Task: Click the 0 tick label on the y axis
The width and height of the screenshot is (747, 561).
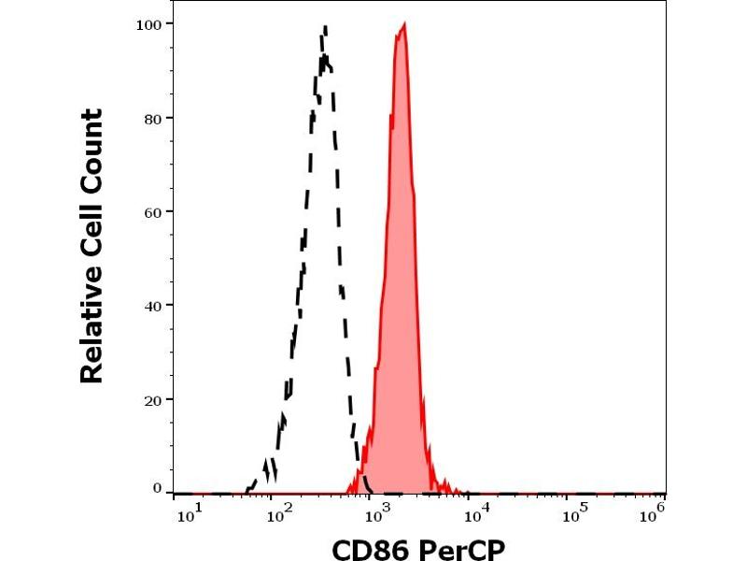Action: [157, 488]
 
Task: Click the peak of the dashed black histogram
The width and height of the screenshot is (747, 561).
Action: [324, 27]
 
